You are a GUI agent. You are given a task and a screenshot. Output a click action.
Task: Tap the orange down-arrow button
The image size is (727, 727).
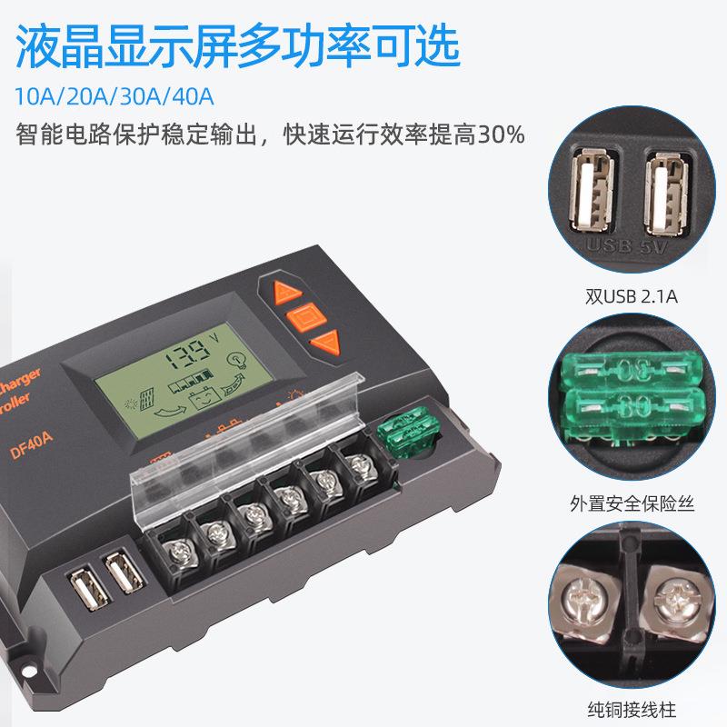324,343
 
